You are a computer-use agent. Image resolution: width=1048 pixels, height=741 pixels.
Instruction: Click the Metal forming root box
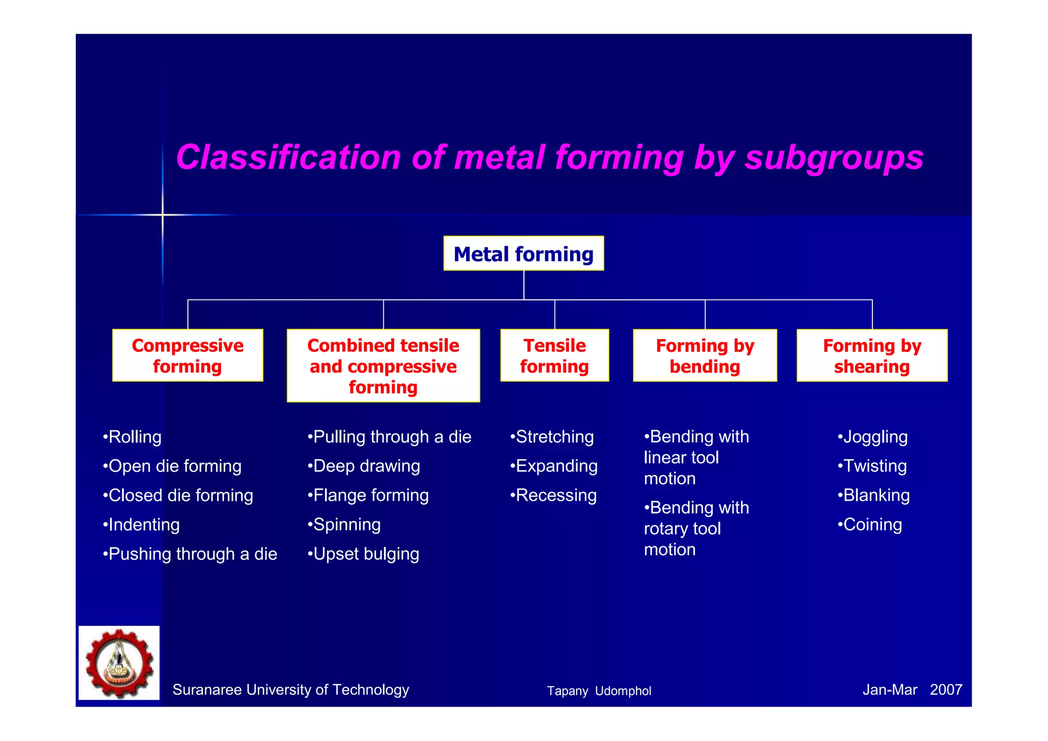coord(523,253)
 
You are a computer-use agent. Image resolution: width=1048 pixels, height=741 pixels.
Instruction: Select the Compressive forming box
coord(187,355)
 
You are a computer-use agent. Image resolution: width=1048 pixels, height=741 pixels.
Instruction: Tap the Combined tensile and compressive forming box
coord(383,366)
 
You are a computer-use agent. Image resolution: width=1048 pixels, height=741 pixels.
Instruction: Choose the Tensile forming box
coord(555,355)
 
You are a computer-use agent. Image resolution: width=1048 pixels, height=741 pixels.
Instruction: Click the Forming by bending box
coord(705,355)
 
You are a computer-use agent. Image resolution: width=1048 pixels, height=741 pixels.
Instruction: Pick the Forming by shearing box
coord(872,355)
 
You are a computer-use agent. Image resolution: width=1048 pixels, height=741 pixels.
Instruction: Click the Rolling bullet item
coord(133,437)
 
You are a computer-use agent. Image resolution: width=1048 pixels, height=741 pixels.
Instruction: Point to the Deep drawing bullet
coord(364,466)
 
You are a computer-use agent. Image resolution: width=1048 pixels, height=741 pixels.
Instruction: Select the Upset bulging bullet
coord(364,554)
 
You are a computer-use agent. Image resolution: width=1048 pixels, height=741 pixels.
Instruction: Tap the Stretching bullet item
coord(552,437)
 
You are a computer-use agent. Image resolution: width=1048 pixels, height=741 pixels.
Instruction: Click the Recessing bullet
coord(554,495)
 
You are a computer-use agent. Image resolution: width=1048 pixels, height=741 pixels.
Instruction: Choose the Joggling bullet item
coord(873,437)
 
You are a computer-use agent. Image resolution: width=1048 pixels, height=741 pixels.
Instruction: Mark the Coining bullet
coord(870,524)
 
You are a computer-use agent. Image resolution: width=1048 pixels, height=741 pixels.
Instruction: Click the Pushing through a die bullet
coord(190,554)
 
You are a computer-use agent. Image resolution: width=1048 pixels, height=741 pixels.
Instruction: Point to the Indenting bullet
coord(141,524)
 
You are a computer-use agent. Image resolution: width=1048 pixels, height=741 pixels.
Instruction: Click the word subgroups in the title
coord(834,158)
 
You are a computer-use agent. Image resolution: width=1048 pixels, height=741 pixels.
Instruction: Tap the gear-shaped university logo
coord(119,663)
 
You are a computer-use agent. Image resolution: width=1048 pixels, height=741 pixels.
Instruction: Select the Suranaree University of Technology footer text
coord(291,690)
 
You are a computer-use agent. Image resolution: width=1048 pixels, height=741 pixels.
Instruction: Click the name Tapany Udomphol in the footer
coord(599,691)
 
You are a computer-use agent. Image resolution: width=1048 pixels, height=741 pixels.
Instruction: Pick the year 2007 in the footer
coord(946,690)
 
